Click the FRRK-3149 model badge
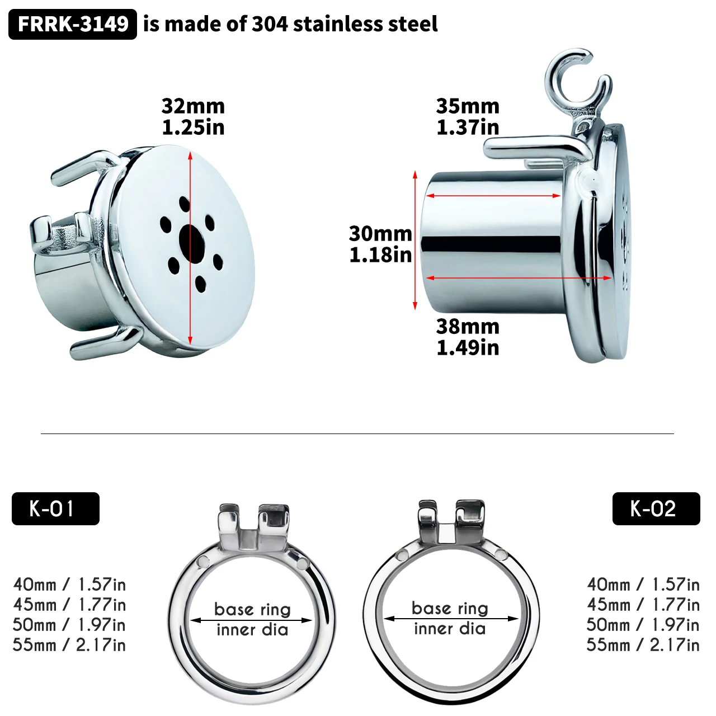(x=73, y=24)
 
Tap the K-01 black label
(x=56, y=508)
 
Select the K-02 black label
(x=656, y=508)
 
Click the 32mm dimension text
(x=193, y=106)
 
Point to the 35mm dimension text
(x=468, y=106)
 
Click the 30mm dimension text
(x=380, y=234)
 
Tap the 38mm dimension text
(x=468, y=327)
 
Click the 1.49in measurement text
(x=468, y=348)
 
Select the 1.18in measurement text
(x=380, y=255)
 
